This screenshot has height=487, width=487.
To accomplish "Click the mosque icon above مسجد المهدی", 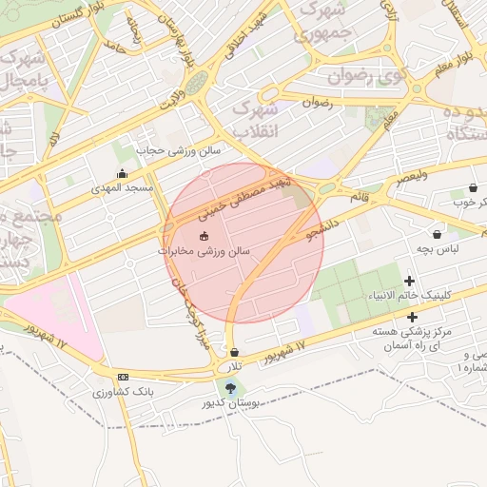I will (x=122, y=174).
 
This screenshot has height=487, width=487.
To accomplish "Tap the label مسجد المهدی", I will (x=122, y=188).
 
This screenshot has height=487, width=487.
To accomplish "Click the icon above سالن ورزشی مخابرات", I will (x=203, y=236).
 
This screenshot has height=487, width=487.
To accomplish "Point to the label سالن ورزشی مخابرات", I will (x=204, y=251).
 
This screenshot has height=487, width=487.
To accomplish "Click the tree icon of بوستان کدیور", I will (x=228, y=386).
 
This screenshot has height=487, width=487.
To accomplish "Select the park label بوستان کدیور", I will (x=229, y=403).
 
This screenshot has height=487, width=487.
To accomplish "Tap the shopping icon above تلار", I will (x=234, y=352).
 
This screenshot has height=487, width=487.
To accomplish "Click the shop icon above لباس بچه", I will (x=437, y=234).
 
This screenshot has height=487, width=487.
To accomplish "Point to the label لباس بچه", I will (x=437, y=248).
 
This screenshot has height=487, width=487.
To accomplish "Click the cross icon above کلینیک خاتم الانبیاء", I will (x=410, y=281).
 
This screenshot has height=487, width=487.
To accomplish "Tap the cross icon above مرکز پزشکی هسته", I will (x=412, y=317).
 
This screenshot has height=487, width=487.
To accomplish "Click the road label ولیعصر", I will (x=413, y=177).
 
